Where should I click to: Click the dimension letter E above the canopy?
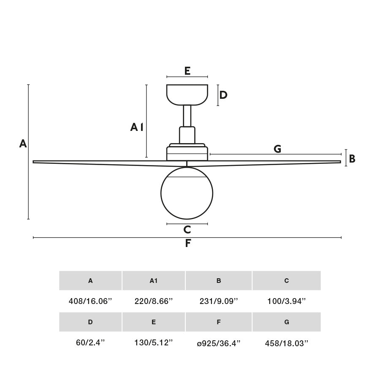click(187, 71)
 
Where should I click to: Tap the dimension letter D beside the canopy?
click(223, 95)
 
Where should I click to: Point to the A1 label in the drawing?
click(137, 127)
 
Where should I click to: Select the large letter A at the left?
click(23, 144)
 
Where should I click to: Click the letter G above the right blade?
click(277, 149)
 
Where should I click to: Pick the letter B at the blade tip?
click(352, 159)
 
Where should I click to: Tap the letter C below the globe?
click(187, 230)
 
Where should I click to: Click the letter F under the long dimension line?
click(188, 244)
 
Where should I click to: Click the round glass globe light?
click(187, 193)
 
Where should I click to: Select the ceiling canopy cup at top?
click(187, 95)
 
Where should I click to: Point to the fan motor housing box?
click(187, 153)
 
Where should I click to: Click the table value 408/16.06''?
click(90, 301)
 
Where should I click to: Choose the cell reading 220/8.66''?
click(154, 301)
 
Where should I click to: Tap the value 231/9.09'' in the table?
click(219, 301)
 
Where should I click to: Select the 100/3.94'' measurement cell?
click(287, 301)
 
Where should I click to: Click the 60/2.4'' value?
click(90, 343)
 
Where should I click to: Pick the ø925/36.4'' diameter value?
click(219, 343)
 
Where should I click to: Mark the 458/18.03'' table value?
click(287, 343)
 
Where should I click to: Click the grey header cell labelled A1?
click(154, 281)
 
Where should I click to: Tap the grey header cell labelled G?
click(287, 322)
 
